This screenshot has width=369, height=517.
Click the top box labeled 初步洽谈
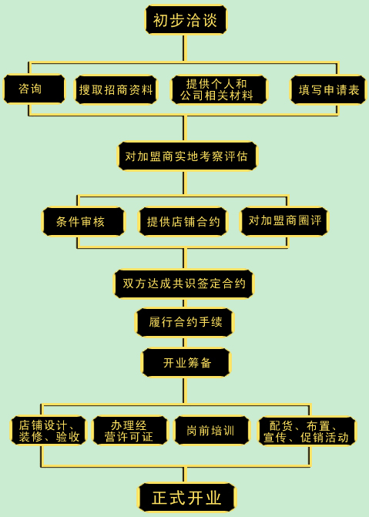coord(186,19)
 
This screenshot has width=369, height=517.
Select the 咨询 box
coord(35,89)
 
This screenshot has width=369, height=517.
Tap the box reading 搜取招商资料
coord(116,89)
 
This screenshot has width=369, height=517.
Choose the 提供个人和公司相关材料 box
coord(219,89)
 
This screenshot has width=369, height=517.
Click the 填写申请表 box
coord(328,89)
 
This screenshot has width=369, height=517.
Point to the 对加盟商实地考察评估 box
coord(187,156)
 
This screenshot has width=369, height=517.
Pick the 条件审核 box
coord(84,221)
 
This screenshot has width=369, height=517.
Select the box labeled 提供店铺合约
coord(183,221)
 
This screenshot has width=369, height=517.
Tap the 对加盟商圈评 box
coord(284,221)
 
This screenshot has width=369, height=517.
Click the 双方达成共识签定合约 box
coord(184,284)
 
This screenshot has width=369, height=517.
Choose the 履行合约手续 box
coord(184,322)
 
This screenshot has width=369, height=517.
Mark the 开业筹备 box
coord(186,362)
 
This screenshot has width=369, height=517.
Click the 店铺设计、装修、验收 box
coord(49,430)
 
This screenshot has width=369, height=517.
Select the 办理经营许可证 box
coord(130,430)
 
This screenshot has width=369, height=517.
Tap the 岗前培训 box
coord(212,430)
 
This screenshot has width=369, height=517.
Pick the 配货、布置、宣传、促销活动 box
coord(307,431)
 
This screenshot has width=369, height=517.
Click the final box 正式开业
coord(186,498)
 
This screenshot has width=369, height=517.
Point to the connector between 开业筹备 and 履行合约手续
coord(185,343)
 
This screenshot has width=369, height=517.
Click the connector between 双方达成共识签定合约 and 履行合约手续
coord(185,303)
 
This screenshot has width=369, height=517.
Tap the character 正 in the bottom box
coord(160,498)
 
